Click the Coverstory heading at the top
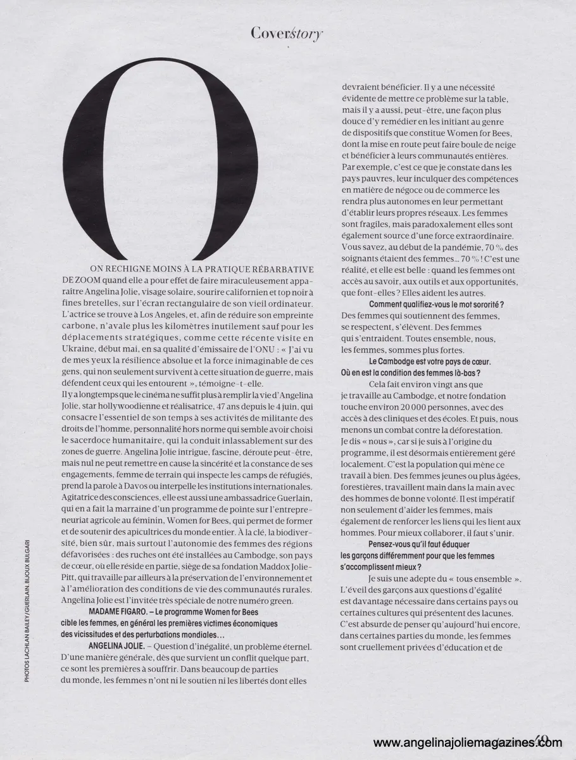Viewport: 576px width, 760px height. coord(287,33)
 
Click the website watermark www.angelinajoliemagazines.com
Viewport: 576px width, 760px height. coord(467,743)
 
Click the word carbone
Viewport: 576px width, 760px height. coord(80,326)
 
